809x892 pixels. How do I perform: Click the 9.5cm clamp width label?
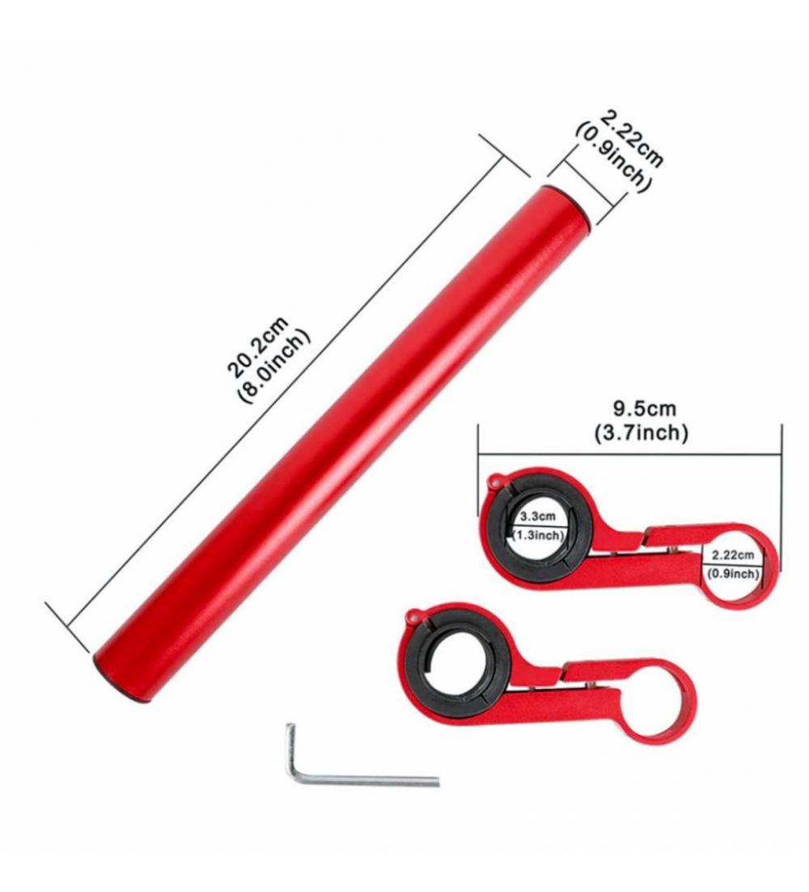pyautogui.click(x=644, y=409)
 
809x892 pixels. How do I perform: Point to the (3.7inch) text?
pyautogui.click(x=642, y=433)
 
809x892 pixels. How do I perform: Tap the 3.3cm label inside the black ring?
pyautogui.click(x=538, y=516)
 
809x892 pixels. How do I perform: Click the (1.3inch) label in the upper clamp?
pyautogui.click(x=538, y=535)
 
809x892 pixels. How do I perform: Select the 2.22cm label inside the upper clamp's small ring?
pyautogui.click(x=734, y=554)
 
